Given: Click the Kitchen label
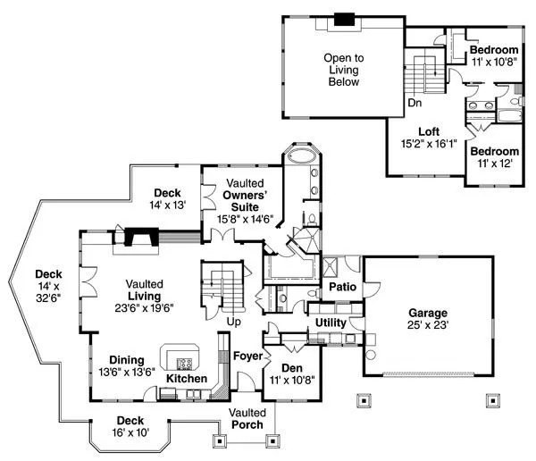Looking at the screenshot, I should (187, 379).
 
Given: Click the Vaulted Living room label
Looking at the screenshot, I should (143, 295).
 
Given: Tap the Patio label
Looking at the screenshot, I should (342, 288).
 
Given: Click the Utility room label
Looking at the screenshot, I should (331, 322).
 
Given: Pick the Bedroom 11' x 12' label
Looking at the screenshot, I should (494, 157).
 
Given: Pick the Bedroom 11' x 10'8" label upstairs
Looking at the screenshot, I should (494, 55).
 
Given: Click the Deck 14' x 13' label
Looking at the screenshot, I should (168, 198).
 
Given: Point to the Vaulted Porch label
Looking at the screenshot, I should (247, 418).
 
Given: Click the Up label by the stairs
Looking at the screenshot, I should (234, 321).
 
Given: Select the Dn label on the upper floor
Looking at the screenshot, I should (415, 103).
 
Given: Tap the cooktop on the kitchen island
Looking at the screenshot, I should (185, 363).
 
